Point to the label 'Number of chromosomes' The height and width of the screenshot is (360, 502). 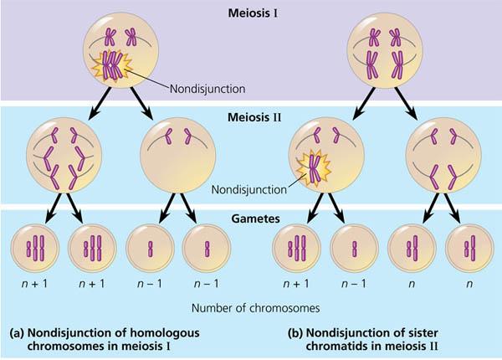pyautogui.click(x=250, y=307)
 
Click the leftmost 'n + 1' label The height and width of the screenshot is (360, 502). pyautogui.click(x=35, y=285)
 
